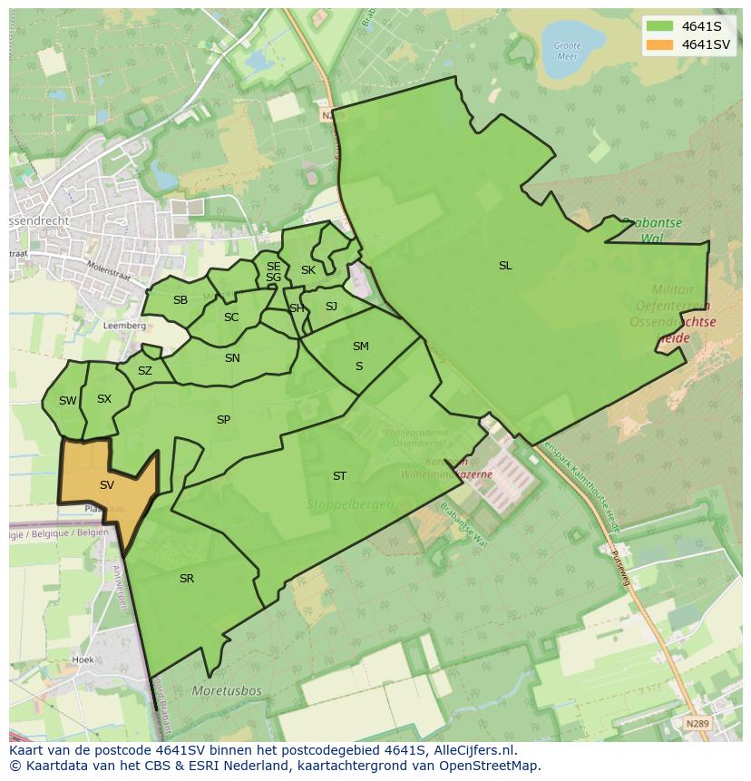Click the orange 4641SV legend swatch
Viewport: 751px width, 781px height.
click(x=659, y=44)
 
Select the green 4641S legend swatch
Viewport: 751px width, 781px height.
click(x=659, y=26)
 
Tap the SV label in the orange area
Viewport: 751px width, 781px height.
click(x=107, y=485)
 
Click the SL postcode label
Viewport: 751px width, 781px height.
click(x=505, y=266)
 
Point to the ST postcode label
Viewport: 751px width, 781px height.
click(x=339, y=475)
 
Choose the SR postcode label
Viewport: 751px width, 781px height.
click(x=187, y=579)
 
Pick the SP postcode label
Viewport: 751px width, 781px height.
click(x=223, y=420)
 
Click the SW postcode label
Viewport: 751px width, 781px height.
click(x=68, y=401)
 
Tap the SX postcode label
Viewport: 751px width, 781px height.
click(x=104, y=399)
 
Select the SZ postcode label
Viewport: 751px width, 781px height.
click(x=145, y=371)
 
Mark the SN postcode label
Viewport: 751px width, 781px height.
click(x=232, y=358)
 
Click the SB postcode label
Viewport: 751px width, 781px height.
click(x=180, y=300)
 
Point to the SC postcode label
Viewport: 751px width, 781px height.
click(x=231, y=317)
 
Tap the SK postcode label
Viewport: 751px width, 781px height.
click(x=308, y=270)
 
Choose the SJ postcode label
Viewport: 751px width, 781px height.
click(x=331, y=307)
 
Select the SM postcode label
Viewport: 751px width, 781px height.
click(x=361, y=347)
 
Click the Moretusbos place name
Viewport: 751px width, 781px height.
click(x=227, y=691)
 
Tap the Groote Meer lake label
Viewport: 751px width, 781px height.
click(x=567, y=50)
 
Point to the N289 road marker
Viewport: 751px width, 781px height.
click(x=697, y=724)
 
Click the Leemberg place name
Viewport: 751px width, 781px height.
click(x=125, y=325)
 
